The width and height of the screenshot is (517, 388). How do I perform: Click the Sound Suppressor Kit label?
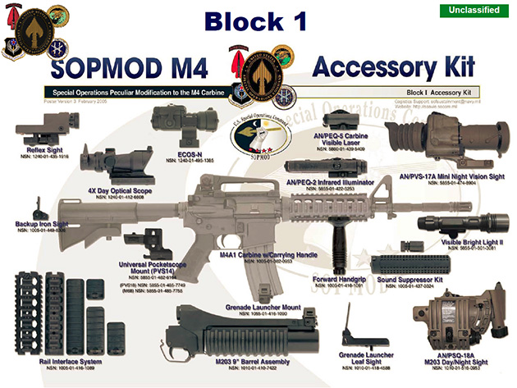coord(410,279)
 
